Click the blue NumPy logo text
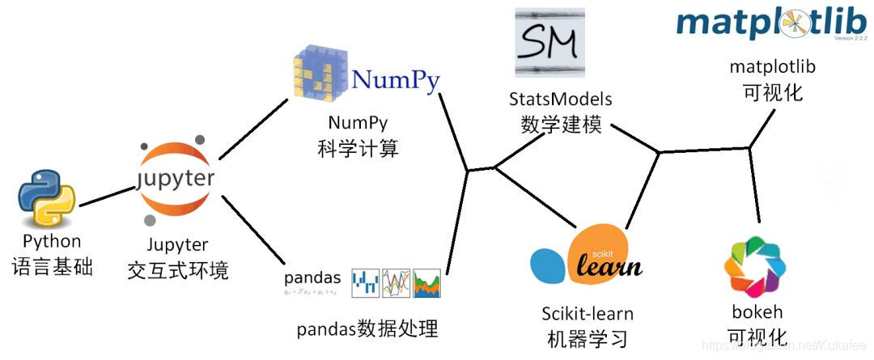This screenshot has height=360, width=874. click(396, 80)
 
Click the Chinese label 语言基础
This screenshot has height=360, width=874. click(52, 266)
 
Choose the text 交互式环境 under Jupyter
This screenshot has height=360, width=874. click(177, 269)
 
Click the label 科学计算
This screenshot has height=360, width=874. click(359, 149)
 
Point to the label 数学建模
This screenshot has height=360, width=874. click(561, 124)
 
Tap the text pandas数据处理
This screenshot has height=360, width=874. click(367, 329)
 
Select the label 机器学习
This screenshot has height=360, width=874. click(588, 337)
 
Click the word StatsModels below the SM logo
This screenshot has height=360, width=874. click(560, 99)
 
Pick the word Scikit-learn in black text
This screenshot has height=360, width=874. click(588, 313)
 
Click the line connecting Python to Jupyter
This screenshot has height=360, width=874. click(106, 197)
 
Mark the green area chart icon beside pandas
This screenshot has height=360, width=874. click(426, 282)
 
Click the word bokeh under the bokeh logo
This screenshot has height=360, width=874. click(756, 311)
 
